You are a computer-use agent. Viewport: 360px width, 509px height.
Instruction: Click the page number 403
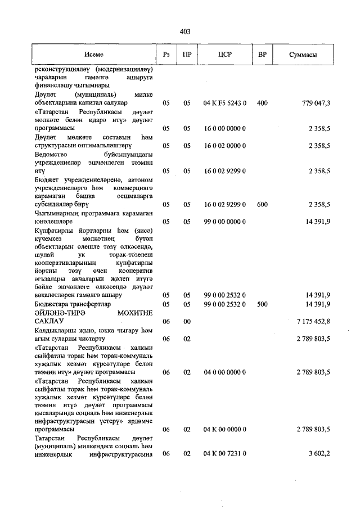(184, 31)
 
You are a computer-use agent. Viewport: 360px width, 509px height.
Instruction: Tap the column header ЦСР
(224, 55)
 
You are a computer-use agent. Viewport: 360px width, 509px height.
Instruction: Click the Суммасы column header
(303, 55)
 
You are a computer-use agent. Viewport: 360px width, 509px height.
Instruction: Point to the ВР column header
(262, 55)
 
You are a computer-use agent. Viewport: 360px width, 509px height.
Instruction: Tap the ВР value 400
(262, 103)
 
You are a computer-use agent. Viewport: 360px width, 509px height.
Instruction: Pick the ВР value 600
(262, 205)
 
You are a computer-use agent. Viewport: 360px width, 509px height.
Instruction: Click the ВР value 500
(262, 304)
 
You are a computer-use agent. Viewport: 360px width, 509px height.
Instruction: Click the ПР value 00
(187, 321)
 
